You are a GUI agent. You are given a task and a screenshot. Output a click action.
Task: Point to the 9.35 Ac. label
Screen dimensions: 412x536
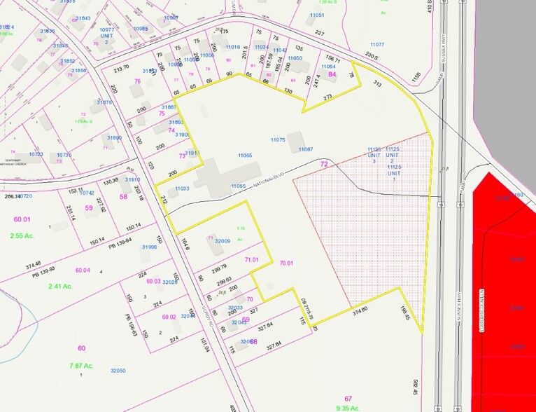click(x=348, y=408)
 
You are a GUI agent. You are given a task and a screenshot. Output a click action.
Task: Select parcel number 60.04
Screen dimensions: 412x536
click(x=83, y=270)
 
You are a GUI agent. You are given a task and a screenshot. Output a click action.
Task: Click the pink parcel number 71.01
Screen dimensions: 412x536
click(x=252, y=259)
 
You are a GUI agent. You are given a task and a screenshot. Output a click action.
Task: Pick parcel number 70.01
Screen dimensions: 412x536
click(x=288, y=263)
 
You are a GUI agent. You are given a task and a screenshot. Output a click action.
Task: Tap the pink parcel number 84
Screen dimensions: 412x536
click(x=332, y=74)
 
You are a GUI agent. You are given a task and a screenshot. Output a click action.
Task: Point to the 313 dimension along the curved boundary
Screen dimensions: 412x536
click(x=377, y=83)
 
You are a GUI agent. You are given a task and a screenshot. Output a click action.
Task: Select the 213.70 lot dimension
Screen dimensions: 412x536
click(x=122, y=68)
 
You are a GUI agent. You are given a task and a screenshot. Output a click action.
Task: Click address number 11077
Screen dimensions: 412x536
click(x=377, y=44)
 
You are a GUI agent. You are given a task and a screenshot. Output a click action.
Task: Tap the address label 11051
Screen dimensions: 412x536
click(x=317, y=15)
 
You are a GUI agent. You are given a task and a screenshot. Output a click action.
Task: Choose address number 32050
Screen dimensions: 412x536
click(x=117, y=370)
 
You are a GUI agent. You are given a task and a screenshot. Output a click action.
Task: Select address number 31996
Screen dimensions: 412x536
click(x=148, y=247)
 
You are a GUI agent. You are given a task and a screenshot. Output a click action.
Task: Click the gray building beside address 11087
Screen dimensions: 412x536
click(x=295, y=141)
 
